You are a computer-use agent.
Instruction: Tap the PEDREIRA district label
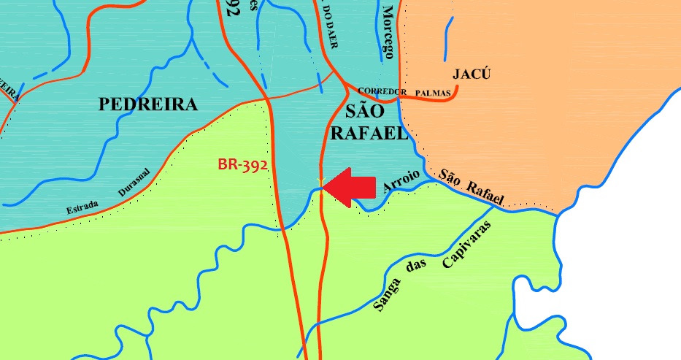point(148,104)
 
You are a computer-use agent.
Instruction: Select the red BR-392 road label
point(243,164)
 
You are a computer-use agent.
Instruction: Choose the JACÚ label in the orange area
point(472,74)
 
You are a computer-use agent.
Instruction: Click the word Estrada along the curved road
point(82,207)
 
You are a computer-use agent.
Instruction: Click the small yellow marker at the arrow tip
point(320,180)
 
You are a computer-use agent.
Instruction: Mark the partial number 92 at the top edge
point(233,9)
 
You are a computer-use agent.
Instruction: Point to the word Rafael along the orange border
point(484,191)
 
